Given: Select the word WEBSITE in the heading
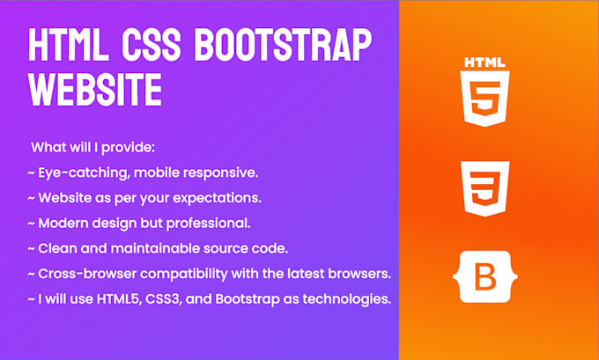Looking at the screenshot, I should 95,88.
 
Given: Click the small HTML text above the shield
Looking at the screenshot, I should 485,62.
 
